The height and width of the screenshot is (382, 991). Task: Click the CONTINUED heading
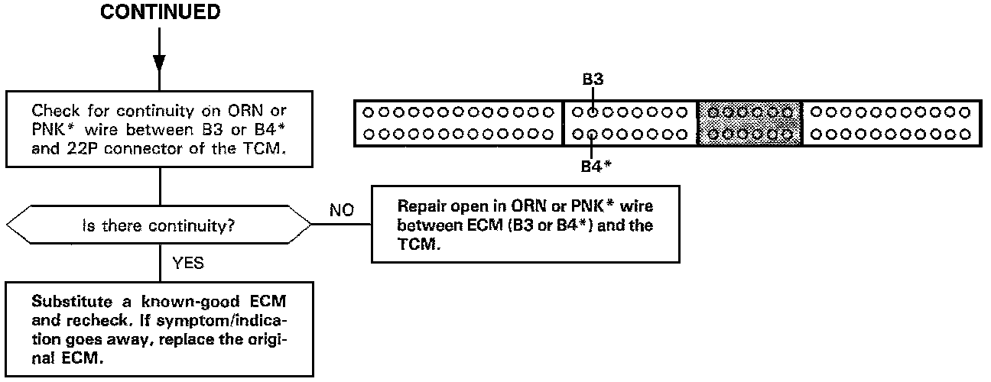tap(160, 13)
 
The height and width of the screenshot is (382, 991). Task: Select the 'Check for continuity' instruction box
tap(160, 128)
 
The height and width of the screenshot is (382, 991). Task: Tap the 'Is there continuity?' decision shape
tap(159, 225)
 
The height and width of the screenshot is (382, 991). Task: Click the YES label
tap(187, 264)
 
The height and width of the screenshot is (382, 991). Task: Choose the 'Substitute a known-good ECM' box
tap(160, 328)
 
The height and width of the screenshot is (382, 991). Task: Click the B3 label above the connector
tap(593, 79)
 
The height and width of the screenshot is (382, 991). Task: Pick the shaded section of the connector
tap(749, 123)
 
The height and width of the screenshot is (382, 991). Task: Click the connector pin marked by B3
tap(593, 112)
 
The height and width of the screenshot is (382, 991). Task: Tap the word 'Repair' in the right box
tap(421, 207)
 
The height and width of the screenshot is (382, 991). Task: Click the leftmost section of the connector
tap(459, 123)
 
